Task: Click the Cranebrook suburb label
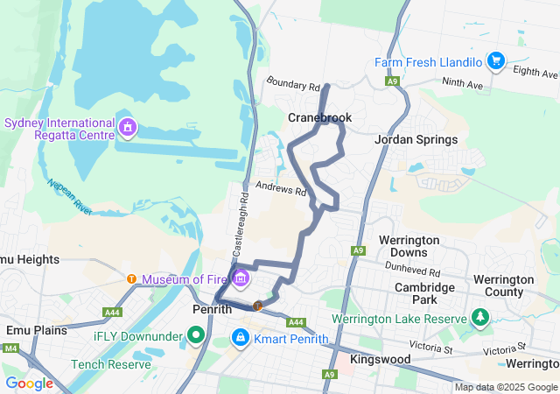[319, 117]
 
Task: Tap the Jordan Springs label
[416, 139]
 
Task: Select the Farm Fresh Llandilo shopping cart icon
[496, 60]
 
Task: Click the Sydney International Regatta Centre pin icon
[128, 129]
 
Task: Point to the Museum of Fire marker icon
[240, 279]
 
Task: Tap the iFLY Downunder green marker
[195, 335]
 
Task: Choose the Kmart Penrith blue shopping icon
[240, 337]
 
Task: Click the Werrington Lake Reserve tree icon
[479, 316]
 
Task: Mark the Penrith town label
[211, 309]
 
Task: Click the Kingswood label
[379, 360]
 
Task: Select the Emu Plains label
[31, 330]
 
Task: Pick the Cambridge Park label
[424, 293]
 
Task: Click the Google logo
[29, 383]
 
